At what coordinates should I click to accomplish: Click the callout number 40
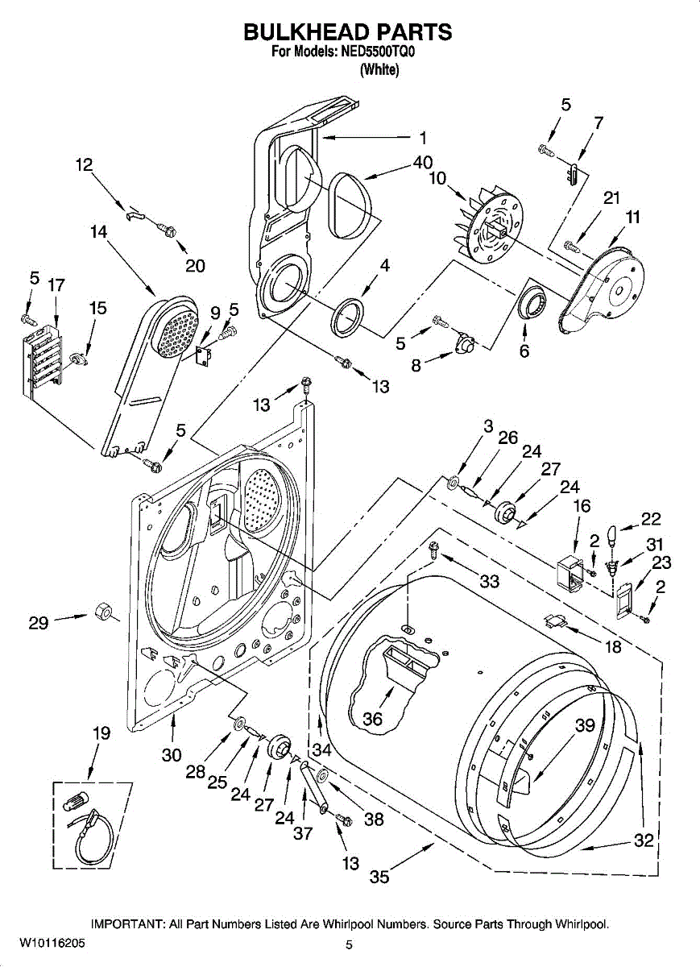tap(423, 163)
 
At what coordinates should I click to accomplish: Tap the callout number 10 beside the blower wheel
tap(437, 178)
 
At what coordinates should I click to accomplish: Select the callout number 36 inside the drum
tap(372, 719)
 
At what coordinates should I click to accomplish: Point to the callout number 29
tap(39, 623)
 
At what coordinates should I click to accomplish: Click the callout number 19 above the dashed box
tap(101, 733)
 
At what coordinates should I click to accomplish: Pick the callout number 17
tap(56, 285)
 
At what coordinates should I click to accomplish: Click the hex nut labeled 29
tap(103, 612)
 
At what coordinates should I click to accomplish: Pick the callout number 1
tap(424, 139)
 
